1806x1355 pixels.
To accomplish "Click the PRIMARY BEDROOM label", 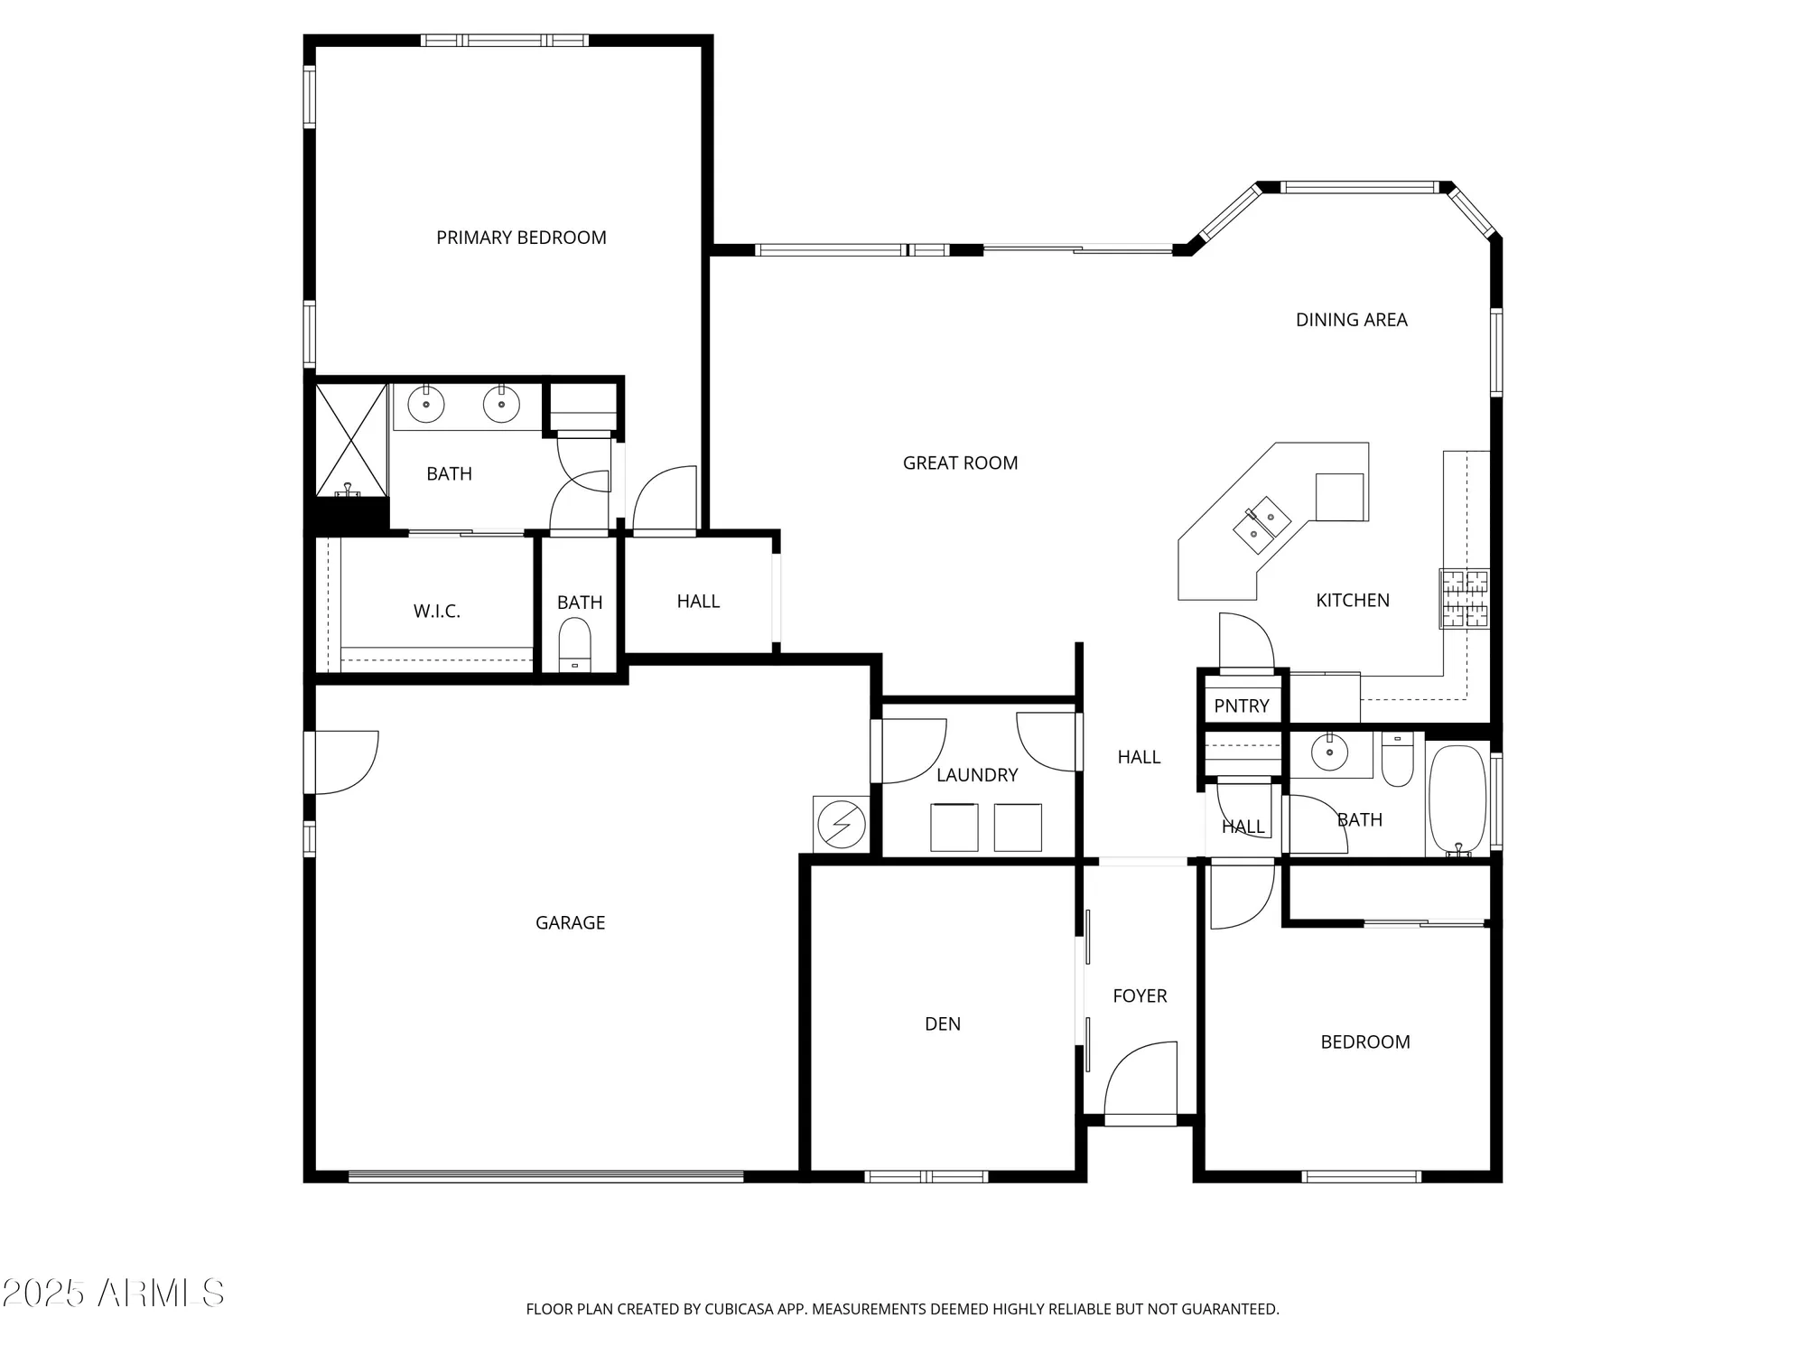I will pyautogui.click(x=521, y=238).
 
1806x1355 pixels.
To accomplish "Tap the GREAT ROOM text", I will pyautogui.click(x=960, y=463).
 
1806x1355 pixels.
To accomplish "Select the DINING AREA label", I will pyautogui.click(x=1351, y=320).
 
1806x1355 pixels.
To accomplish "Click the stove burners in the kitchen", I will pyautogui.click(x=1464, y=599).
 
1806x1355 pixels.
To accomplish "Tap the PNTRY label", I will pyautogui.click(x=1241, y=706).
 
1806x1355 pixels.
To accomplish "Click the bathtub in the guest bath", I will pyautogui.click(x=1457, y=799).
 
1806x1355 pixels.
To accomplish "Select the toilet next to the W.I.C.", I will pyautogui.click(x=574, y=646).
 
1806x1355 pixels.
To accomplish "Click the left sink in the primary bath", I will pyautogui.click(x=426, y=405).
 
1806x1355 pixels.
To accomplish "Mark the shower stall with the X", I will pyautogui.click(x=351, y=440).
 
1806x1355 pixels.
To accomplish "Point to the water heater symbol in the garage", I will pyautogui.click(x=841, y=824).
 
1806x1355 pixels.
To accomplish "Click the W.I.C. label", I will pyautogui.click(x=437, y=612).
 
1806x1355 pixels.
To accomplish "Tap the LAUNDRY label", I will pyautogui.click(x=976, y=775).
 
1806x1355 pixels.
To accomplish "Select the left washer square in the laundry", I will pyautogui.click(x=954, y=827).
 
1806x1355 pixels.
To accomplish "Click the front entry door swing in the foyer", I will pyautogui.click(x=1140, y=1080).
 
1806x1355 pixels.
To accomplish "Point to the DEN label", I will pyautogui.click(x=942, y=1024).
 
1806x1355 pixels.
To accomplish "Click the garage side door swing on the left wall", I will pyautogui.click(x=346, y=763).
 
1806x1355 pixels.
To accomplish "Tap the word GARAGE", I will pyautogui.click(x=570, y=923).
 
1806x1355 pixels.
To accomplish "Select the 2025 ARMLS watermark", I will pyautogui.click(x=113, y=1294).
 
